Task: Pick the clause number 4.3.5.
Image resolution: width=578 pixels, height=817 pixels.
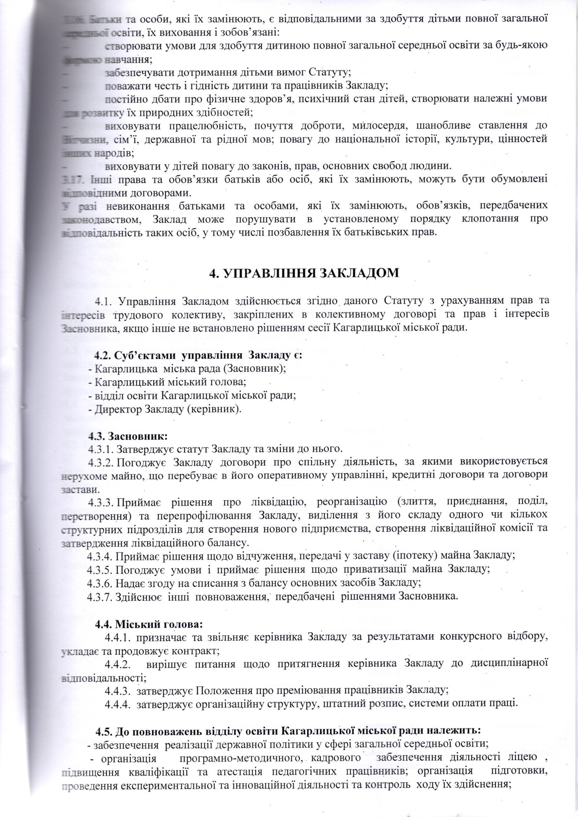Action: pos(100,569)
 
